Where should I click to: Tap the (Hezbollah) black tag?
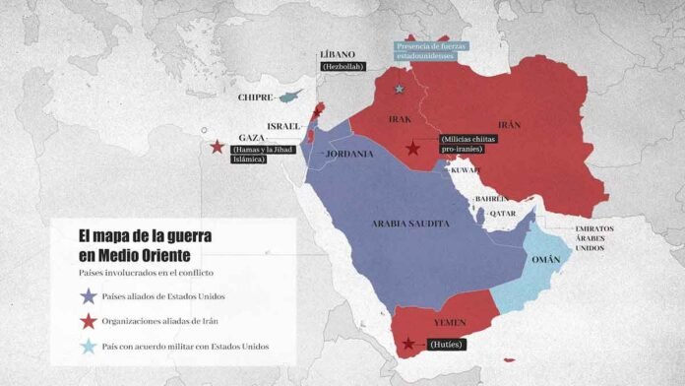342,66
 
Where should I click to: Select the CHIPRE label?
255,97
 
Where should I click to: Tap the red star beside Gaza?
216,148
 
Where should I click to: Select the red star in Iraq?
413,149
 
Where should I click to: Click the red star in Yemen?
408,345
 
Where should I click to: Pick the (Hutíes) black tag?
445,345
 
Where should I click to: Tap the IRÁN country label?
509,125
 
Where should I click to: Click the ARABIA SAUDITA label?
410,224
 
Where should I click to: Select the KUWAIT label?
466,170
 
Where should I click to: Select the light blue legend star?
89,346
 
